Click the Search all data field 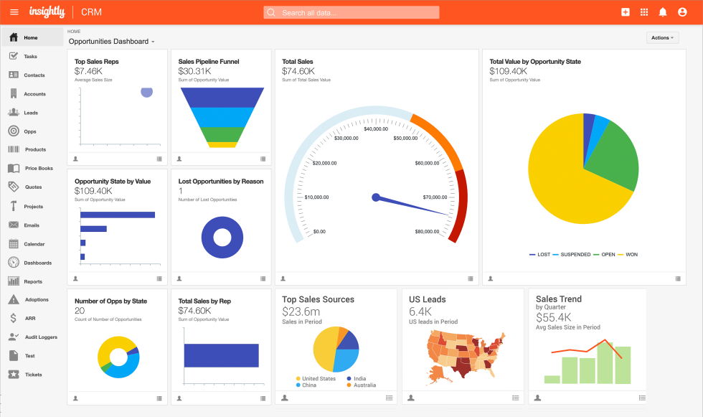pos(351,12)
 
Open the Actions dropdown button pos(662,38)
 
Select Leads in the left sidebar pos(30,113)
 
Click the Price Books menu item pos(39,169)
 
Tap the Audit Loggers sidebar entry pos(40,337)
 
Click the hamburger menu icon pos(14,12)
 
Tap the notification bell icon pos(663,12)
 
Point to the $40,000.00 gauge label pos(376,129)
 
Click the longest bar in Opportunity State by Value pos(118,215)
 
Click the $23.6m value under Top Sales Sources pos(301,311)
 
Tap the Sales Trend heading pos(558,299)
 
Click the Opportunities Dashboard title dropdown pos(112,42)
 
